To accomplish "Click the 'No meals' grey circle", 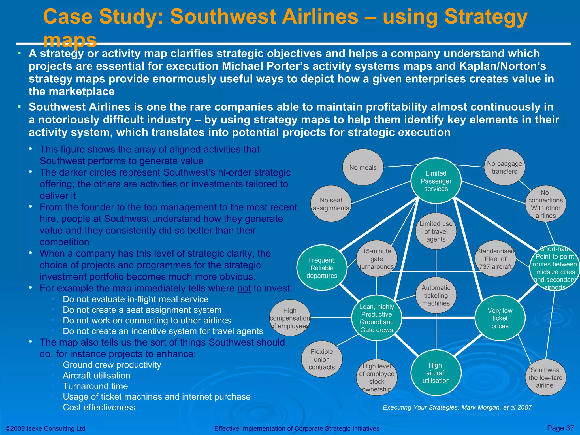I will point(363,167).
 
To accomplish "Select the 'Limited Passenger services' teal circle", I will point(436,181).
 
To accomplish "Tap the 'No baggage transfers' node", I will point(504,167).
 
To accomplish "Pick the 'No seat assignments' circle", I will point(331,204).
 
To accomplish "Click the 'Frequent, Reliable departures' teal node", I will point(322,268).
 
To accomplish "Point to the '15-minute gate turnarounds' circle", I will point(376,259).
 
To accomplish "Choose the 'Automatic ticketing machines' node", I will point(436,295).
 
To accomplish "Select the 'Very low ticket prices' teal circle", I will point(500,318).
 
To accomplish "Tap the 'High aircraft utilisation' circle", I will point(436,373).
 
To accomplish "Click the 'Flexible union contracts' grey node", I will point(322,359).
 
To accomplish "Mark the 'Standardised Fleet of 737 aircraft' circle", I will point(495,259).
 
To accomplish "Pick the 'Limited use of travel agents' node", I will point(436,231).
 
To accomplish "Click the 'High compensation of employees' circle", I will point(290,318).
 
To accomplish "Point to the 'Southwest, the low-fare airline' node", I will point(545,378).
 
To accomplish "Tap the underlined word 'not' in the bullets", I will point(244,288).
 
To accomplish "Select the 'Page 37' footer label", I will point(560,428).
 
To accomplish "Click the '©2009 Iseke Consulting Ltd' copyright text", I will point(45,428).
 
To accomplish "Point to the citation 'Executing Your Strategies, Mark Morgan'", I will point(457,407).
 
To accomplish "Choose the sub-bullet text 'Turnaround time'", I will point(95,386).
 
